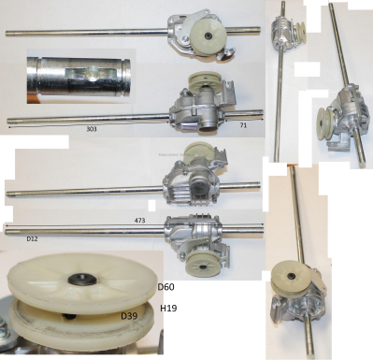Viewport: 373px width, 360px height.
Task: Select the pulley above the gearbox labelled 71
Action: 202,82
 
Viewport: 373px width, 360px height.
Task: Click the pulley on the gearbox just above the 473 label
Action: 198,153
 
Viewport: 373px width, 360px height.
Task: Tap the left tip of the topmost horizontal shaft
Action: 8,34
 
